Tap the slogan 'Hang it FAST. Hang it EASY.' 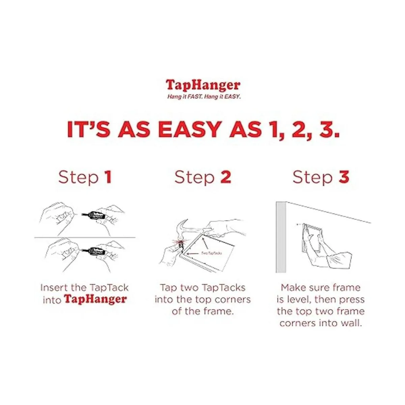click(x=204, y=97)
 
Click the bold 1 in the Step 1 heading click(x=108, y=177)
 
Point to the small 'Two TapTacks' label click(x=211, y=253)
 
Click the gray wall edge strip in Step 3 click(x=280, y=237)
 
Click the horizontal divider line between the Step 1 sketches click(x=85, y=238)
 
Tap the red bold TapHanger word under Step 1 click(x=96, y=299)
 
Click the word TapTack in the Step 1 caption click(x=109, y=288)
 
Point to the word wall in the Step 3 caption click(x=351, y=323)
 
